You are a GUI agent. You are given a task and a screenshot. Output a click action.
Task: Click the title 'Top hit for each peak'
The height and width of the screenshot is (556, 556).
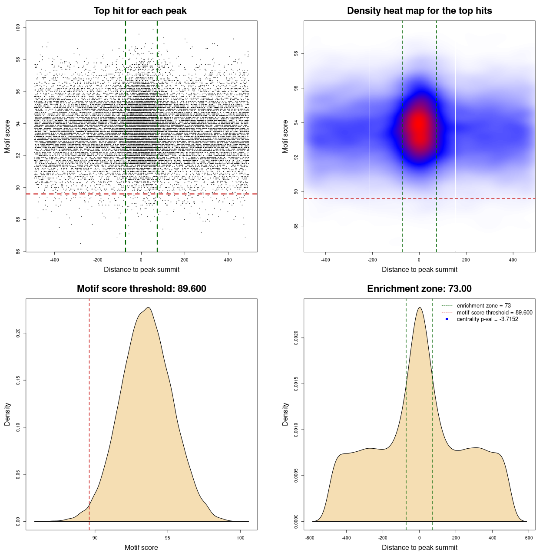140,11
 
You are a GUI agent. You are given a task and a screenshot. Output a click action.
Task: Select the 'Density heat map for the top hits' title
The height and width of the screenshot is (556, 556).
419,11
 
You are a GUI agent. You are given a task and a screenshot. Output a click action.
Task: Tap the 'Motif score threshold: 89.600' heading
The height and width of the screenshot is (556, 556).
141,289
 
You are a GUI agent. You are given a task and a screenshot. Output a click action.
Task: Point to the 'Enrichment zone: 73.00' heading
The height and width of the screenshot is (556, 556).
419,289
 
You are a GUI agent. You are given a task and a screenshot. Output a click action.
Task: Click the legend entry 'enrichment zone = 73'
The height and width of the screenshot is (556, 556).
483,306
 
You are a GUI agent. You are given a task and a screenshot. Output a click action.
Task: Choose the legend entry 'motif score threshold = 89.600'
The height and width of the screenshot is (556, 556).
494,312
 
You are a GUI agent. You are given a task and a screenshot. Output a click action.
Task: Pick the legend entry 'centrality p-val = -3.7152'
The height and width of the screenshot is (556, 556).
487,319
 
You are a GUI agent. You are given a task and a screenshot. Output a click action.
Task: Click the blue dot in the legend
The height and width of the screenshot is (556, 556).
447,319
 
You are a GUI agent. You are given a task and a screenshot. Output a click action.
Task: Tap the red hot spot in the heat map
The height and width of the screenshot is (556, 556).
419,126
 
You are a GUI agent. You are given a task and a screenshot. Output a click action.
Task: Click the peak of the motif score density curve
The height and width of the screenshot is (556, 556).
149,308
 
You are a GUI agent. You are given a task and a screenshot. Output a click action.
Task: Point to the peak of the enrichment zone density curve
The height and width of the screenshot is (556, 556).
419,308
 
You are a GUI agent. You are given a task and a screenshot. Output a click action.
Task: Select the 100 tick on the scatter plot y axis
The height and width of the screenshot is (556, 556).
18,28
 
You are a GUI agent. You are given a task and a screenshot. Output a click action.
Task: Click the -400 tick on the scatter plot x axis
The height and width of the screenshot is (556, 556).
54,260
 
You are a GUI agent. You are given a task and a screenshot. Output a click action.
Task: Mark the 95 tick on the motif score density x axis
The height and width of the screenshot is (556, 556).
168,538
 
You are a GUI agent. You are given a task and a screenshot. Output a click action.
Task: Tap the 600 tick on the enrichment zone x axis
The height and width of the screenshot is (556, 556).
529,538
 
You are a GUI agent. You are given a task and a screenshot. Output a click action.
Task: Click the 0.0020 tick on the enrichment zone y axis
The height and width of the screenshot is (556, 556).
296,338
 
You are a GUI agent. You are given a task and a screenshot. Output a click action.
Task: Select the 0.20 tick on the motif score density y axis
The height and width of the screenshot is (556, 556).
18,333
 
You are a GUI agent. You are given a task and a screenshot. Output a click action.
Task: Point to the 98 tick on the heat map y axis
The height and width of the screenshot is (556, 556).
296,54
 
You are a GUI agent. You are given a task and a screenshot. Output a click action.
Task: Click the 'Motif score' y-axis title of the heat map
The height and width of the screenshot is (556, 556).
285,136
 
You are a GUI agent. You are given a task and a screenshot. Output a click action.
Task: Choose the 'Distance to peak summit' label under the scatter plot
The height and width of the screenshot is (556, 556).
142,269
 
